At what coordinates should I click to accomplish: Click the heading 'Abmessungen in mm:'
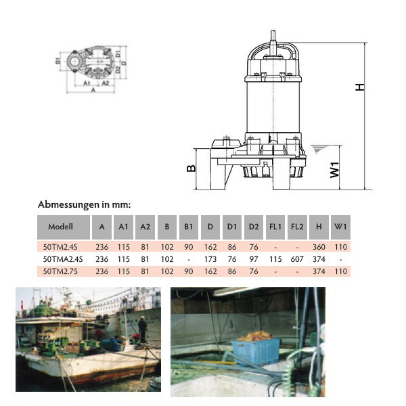(84, 204)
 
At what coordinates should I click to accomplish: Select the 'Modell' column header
(61, 227)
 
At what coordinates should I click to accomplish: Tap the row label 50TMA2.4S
(63, 259)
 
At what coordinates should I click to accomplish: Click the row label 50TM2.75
(62, 271)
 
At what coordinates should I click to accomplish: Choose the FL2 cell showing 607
(296, 259)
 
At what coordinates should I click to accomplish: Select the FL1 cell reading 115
(275, 259)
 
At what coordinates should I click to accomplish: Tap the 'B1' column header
(188, 227)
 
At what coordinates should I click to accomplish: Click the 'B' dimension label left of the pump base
(191, 168)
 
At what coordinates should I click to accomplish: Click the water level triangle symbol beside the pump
(316, 148)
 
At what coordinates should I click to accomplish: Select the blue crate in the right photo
(255, 350)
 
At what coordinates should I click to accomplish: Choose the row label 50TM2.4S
(62, 248)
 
